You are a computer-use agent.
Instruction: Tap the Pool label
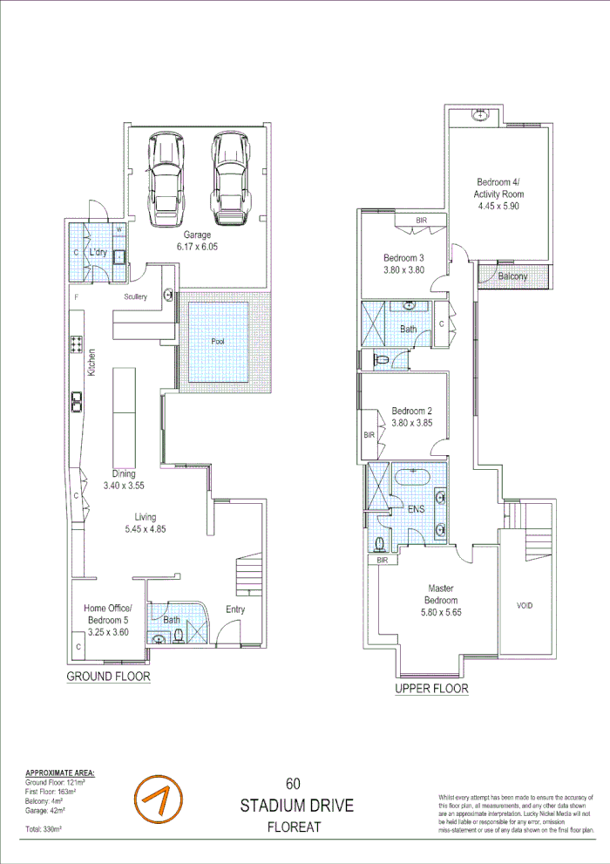tap(218, 342)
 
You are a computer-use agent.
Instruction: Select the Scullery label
tap(135, 297)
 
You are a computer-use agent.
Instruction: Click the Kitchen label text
tap(91, 363)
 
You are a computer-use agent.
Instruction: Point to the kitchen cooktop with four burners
tap(76, 344)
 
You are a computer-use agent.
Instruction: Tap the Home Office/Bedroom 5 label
tap(107, 614)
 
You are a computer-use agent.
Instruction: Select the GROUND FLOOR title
tap(109, 677)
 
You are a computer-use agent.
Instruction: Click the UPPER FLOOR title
tap(431, 689)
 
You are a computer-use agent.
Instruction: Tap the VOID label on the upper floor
tap(525, 606)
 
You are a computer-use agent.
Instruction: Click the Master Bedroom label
tap(441, 595)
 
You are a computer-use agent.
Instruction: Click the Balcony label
tap(513, 276)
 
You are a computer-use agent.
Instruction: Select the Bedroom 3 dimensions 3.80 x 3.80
tap(403, 270)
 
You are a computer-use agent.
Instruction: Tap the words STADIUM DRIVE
tap(297, 806)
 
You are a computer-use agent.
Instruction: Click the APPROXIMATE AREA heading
tap(60, 773)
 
